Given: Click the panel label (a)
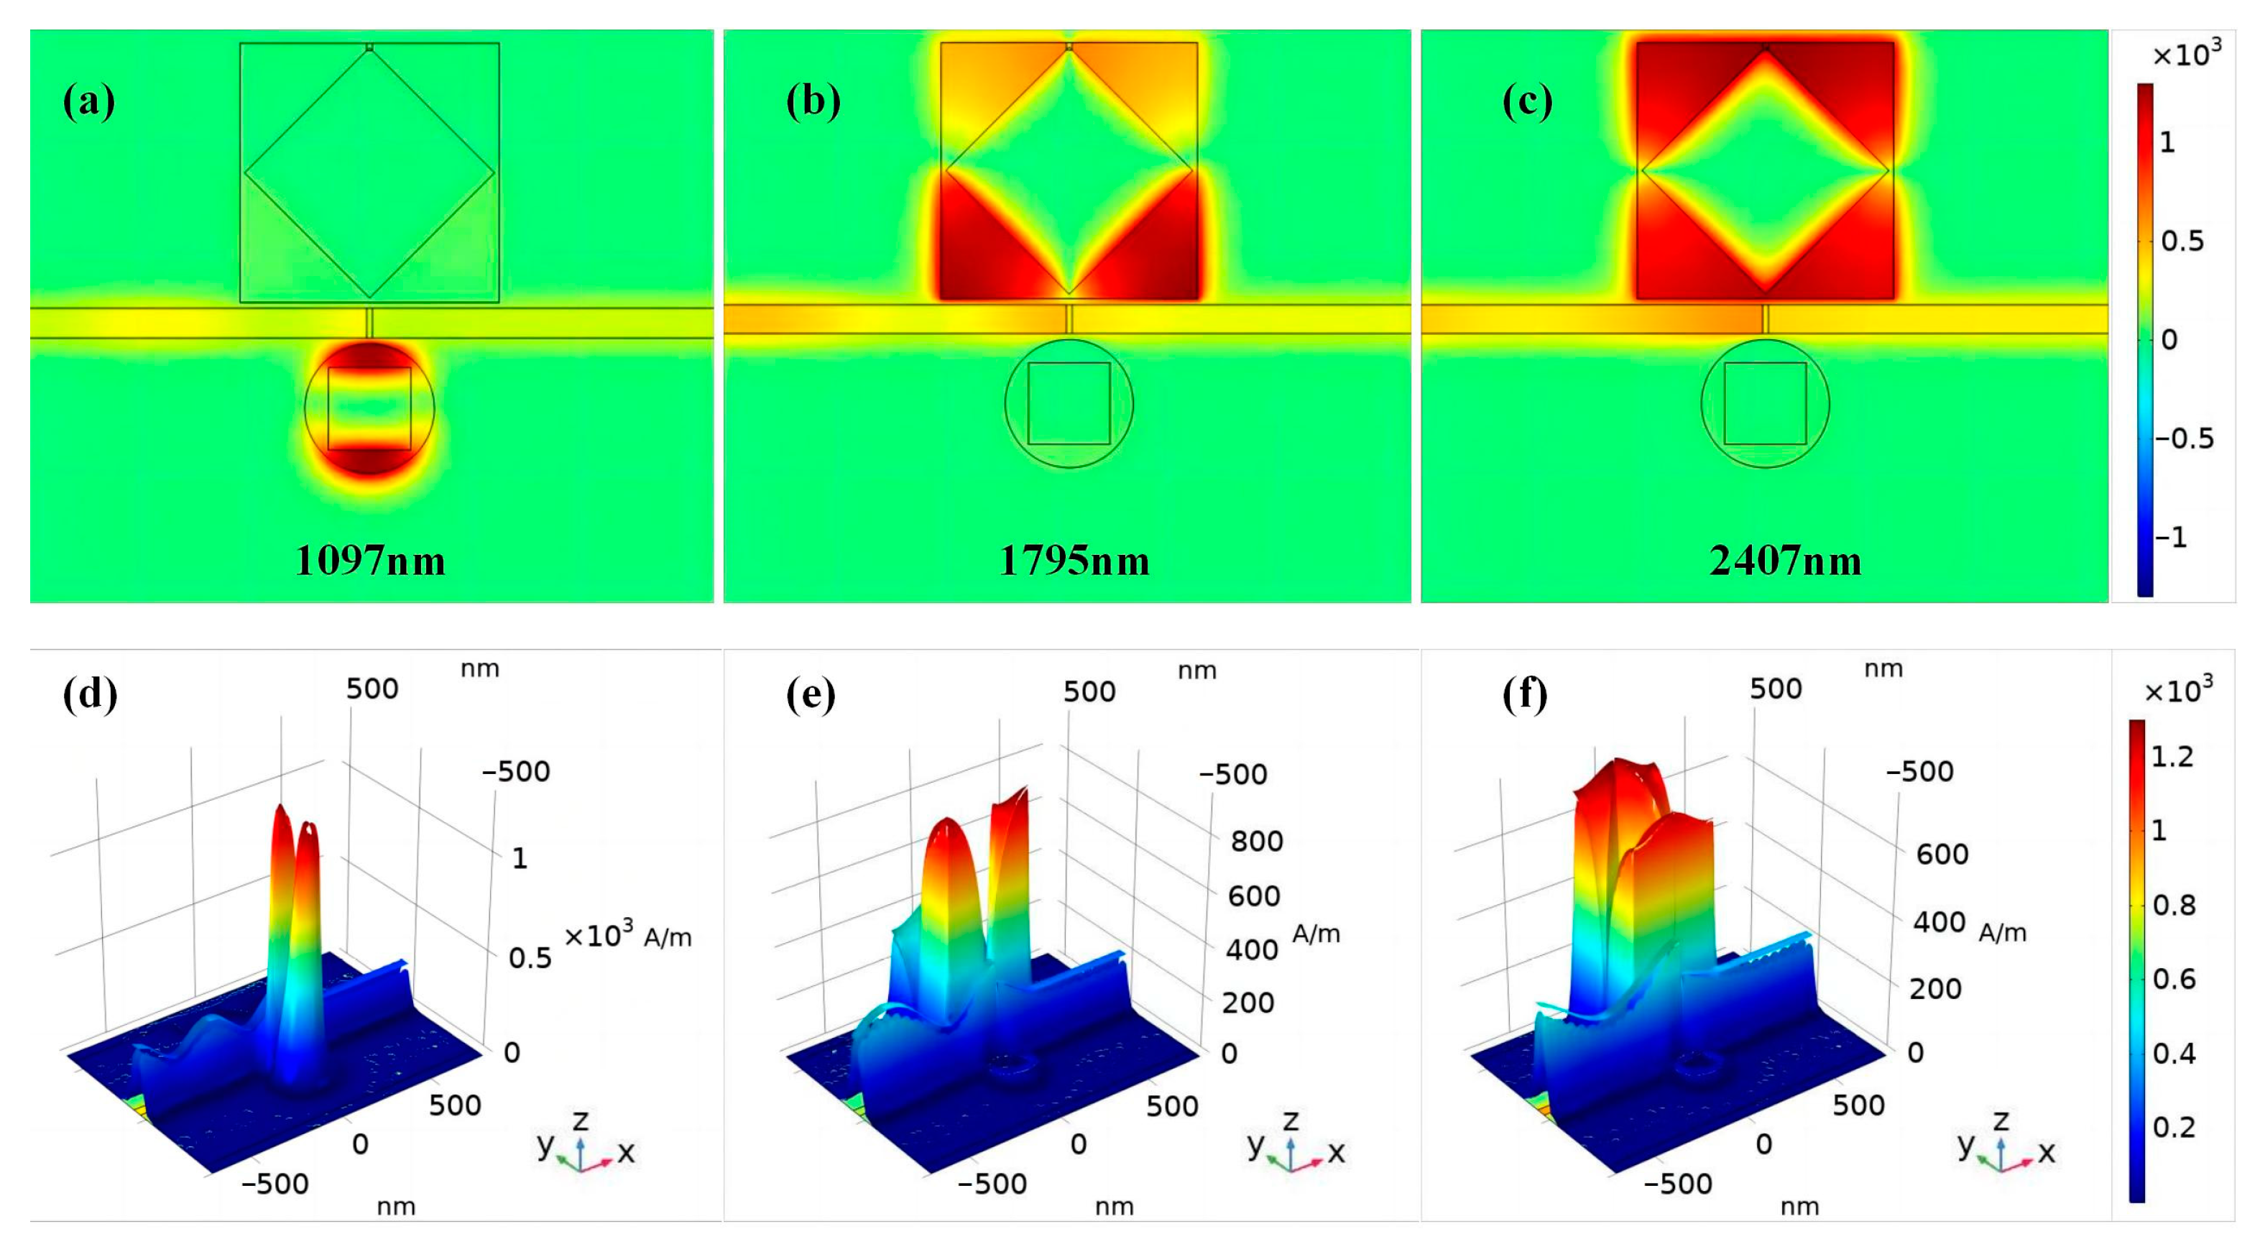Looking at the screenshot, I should point(88,103).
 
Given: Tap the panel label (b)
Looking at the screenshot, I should point(813,103).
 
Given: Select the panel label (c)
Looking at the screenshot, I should point(1528,103).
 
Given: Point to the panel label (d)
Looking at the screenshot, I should point(90,694).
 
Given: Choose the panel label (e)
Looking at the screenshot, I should point(811,694).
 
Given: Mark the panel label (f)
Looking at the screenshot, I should point(1525,694).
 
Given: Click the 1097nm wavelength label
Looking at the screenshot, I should point(370,561).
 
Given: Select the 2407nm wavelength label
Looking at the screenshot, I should point(1786,561).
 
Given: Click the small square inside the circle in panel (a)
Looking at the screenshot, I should point(369,408).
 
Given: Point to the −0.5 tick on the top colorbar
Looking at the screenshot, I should point(2184,438).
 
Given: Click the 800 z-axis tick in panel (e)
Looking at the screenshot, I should point(1256,842).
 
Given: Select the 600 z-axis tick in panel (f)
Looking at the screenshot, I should point(1942,855).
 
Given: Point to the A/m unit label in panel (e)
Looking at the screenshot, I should point(1316,934).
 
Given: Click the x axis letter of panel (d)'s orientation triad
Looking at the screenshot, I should point(625,1152).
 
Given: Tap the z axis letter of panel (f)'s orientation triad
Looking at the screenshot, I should point(2001,1121).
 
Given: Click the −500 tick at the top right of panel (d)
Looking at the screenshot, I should point(516,772).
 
